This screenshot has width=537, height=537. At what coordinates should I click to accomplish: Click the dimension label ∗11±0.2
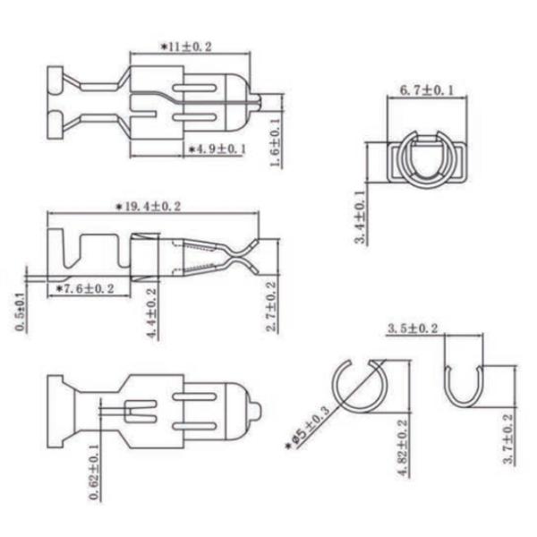(x=187, y=47)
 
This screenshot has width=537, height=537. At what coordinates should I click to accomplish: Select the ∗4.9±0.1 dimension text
(x=217, y=149)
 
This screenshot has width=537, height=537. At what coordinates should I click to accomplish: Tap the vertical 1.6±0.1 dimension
(x=276, y=141)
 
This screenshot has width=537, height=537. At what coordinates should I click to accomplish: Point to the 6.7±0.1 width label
(x=427, y=90)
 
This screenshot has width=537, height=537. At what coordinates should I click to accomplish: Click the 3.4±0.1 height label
(x=361, y=217)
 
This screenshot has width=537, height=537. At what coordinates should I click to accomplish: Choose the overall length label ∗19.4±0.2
(x=148, y=206)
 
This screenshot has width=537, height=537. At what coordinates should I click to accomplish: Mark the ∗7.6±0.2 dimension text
(x=85, y=288)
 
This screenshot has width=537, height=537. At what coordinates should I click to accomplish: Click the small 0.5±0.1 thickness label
(x=21, y=312)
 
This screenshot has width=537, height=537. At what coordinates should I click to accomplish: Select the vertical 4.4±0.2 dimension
(x=152, y=313)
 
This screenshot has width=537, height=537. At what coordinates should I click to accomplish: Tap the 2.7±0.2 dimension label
(x=271, y=306)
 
